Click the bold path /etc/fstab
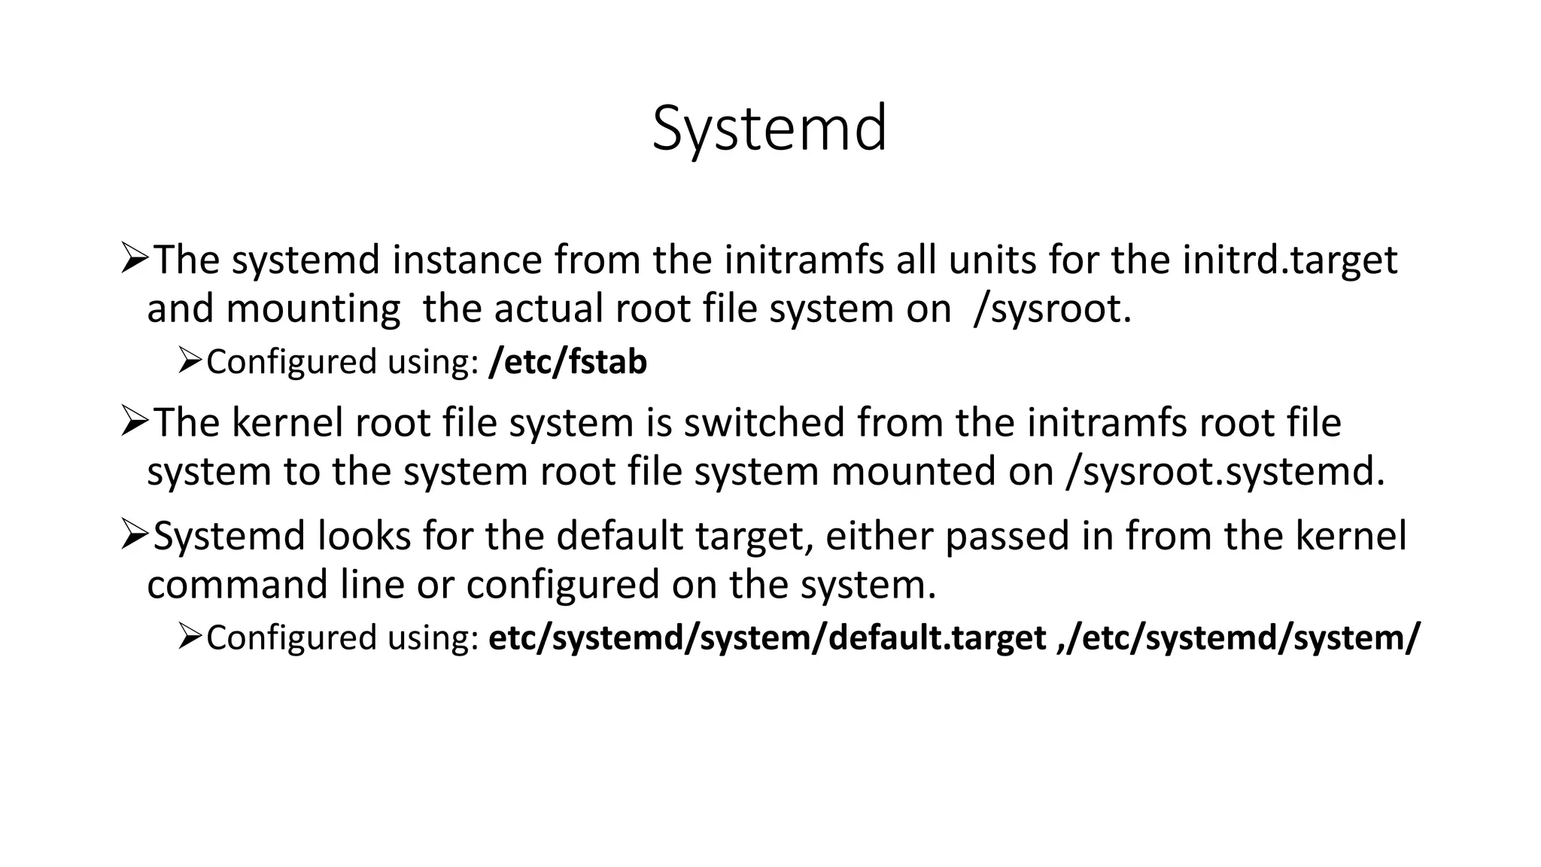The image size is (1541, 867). pyautogui.click(x=567, y=362)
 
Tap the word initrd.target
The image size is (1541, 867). pyautogui.click(x=1290, y=260)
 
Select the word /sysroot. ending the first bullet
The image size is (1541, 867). pyautogui.click(x=1052, y=309)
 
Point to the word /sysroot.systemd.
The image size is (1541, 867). pyautogui.click(x=1225, y=472)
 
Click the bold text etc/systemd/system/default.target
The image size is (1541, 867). pyautogui.click(x=767, y=638)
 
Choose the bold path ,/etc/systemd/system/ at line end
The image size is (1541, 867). pyautogui.click(x=1239, y=638)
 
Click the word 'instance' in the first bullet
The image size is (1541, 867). pyautogui.click(x=467, y=260)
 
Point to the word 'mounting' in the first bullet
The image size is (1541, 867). pyautogui.click(x=313, y=309)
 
